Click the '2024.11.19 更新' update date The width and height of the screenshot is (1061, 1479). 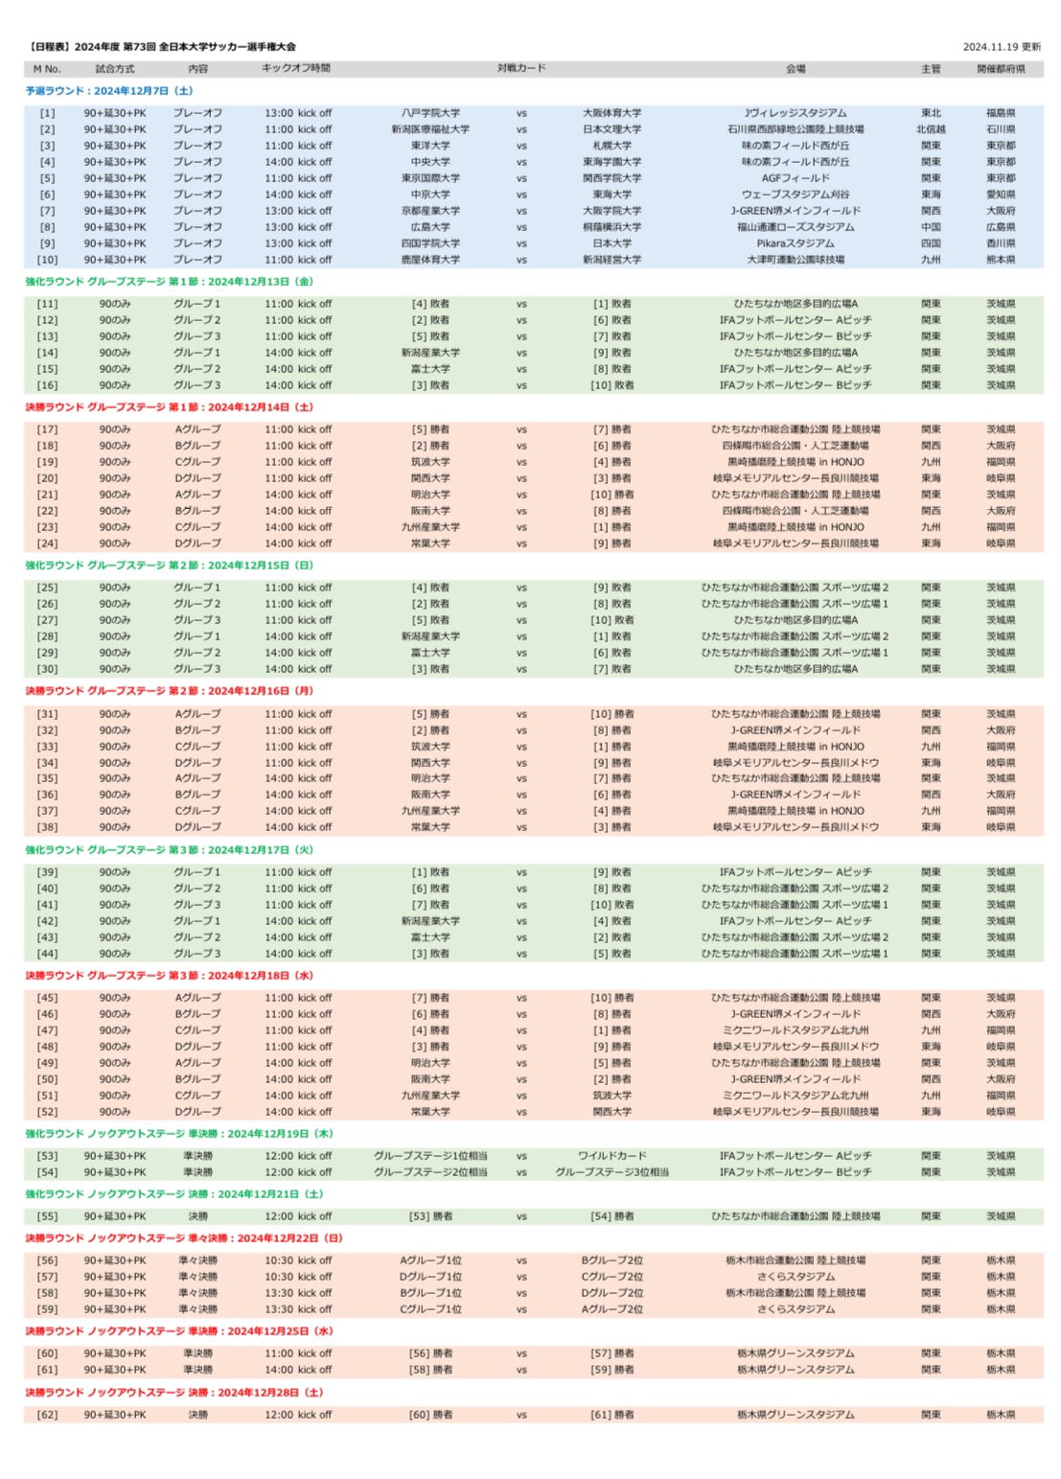pos(1002,46)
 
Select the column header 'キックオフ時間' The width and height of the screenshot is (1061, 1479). pos(296,69)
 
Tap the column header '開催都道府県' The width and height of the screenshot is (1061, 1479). pos(1001,69)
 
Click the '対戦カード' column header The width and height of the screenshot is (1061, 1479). pos(521,69)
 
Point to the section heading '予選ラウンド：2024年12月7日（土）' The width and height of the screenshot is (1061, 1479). pos(108,91)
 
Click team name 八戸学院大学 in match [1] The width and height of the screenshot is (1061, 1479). pos(430,113)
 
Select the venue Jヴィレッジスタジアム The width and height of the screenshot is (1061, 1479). pos(796,113)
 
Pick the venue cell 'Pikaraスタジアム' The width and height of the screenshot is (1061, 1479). pos(796,243)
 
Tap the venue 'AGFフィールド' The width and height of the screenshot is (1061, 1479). pos(796,178)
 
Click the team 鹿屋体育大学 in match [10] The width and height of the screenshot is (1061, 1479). pos(430,260)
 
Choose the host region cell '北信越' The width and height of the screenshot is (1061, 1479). pos(931,129)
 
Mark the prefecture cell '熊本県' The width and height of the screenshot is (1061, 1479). pos(1001,260)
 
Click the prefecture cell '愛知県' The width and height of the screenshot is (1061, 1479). pos(1001,195)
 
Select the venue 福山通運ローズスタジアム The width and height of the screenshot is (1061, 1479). pos(796,227)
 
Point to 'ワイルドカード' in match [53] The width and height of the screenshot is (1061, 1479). pos(612,1156)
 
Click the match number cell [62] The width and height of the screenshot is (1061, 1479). pos(47,1415)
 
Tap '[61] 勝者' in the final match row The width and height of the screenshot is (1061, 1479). pos(612,1415)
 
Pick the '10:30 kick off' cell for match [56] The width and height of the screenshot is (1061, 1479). pos(298,1260)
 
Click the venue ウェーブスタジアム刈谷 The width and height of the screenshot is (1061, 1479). pos(796,195)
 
